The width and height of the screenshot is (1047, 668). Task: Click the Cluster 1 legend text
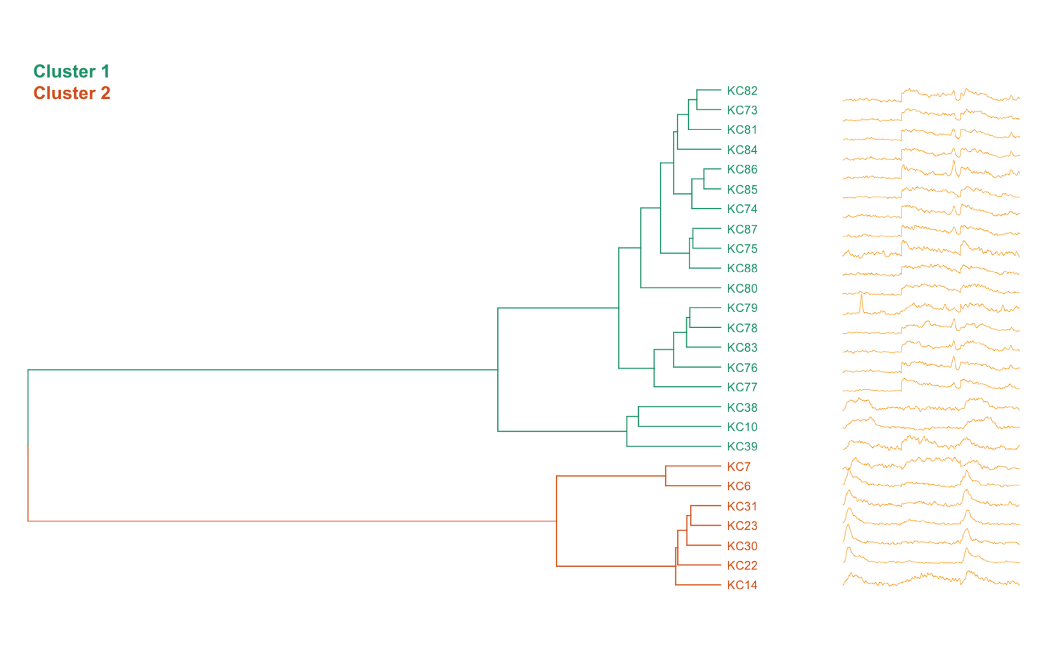(71, 71)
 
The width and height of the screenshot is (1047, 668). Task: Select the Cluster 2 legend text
(72, 93)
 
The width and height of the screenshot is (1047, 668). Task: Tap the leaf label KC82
(741, 91)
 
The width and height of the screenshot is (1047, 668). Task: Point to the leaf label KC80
(741, 288)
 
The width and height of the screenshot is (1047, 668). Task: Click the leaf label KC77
(741, 387)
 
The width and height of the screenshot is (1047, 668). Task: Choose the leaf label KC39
(741, 446)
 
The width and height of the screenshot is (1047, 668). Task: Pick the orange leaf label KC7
(738, 466)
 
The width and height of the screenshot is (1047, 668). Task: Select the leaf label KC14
(741, 585)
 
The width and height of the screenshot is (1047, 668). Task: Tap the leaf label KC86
(741, 170)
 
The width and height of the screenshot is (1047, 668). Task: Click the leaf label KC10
(741, 427)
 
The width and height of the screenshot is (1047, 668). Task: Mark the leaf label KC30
(741, 546)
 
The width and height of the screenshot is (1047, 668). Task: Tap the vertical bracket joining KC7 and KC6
(666, 476)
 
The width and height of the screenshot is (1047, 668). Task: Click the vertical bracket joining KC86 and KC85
(704, 179)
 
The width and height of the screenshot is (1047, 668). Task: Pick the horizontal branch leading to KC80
(679, 288)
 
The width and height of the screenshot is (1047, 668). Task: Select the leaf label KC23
(741, 526)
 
